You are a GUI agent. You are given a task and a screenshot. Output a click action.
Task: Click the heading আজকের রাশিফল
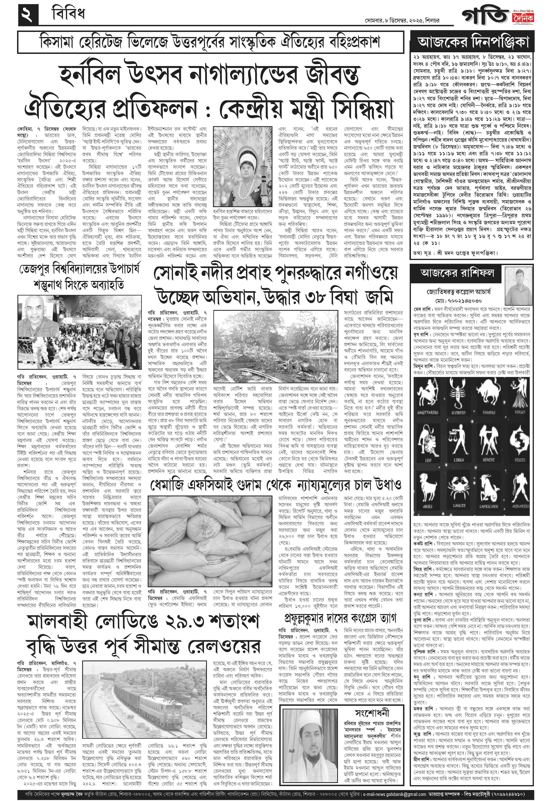coord(457,273)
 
